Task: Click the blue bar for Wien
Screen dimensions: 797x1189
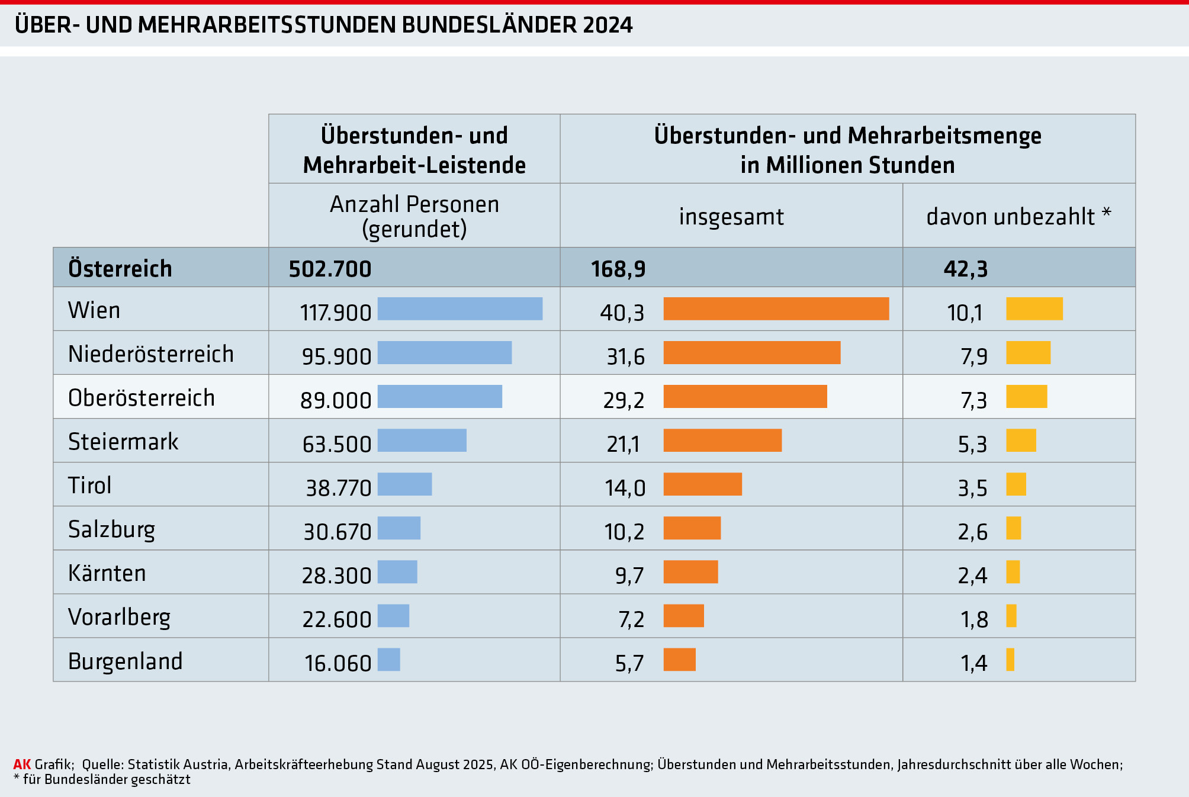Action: coord(460,308)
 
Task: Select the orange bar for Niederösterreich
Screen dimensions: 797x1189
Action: coord(751,353)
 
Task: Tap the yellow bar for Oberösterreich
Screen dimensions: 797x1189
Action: coord(1026,397)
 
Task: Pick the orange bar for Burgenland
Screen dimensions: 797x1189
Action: coord(679,660)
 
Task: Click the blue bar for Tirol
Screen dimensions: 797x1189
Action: coord(404,484)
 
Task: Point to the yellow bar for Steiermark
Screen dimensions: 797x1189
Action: coord(1021,441)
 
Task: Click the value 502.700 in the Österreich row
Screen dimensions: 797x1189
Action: coord(330,269)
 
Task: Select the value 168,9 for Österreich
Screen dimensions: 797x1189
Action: coord(618,269)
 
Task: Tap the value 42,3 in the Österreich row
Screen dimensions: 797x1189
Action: coord(965,269)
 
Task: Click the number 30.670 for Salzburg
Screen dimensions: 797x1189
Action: coord(337,532)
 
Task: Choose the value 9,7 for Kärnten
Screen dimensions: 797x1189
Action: coord(629,576)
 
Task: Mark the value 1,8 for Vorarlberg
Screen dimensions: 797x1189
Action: coord(974,619)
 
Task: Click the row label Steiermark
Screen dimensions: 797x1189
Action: coord(123,442)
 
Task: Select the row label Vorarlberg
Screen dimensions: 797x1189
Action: coord(119,617)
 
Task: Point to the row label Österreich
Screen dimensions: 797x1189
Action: coord(120,269)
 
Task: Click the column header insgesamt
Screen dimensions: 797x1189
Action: coord(731,217)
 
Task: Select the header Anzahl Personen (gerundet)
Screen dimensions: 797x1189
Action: coord(414,216)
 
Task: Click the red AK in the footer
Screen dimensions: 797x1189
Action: coord(22,764)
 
